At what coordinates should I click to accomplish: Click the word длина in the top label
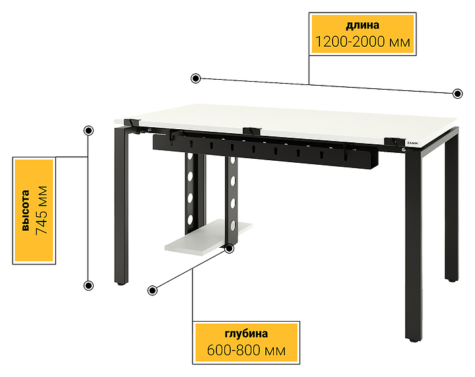click(362, 25)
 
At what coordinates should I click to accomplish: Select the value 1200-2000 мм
click(363, 42)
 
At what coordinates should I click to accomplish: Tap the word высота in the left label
click(26, 211)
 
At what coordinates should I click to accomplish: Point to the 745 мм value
click(42, 210)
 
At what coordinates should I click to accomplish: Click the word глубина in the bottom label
click(246, 333)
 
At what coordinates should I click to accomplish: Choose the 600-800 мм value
click(246, 351)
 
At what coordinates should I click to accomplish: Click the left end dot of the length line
click(196, 78)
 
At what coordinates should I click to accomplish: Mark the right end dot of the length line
click(457, 94)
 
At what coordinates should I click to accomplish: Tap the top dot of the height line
click(88, 130)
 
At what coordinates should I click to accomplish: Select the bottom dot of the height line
click(88, 285)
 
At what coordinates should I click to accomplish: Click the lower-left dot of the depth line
click(152, 291)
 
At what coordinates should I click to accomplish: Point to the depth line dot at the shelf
click(230, 248)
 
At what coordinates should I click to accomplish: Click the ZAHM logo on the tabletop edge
click(412, 143)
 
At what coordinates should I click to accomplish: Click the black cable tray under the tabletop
click(265, 150)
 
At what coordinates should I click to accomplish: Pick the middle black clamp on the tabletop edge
click(251, 132)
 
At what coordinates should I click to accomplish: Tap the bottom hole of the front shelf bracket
click(233, 225)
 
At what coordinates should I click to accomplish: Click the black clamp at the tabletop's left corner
click(132, 122)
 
